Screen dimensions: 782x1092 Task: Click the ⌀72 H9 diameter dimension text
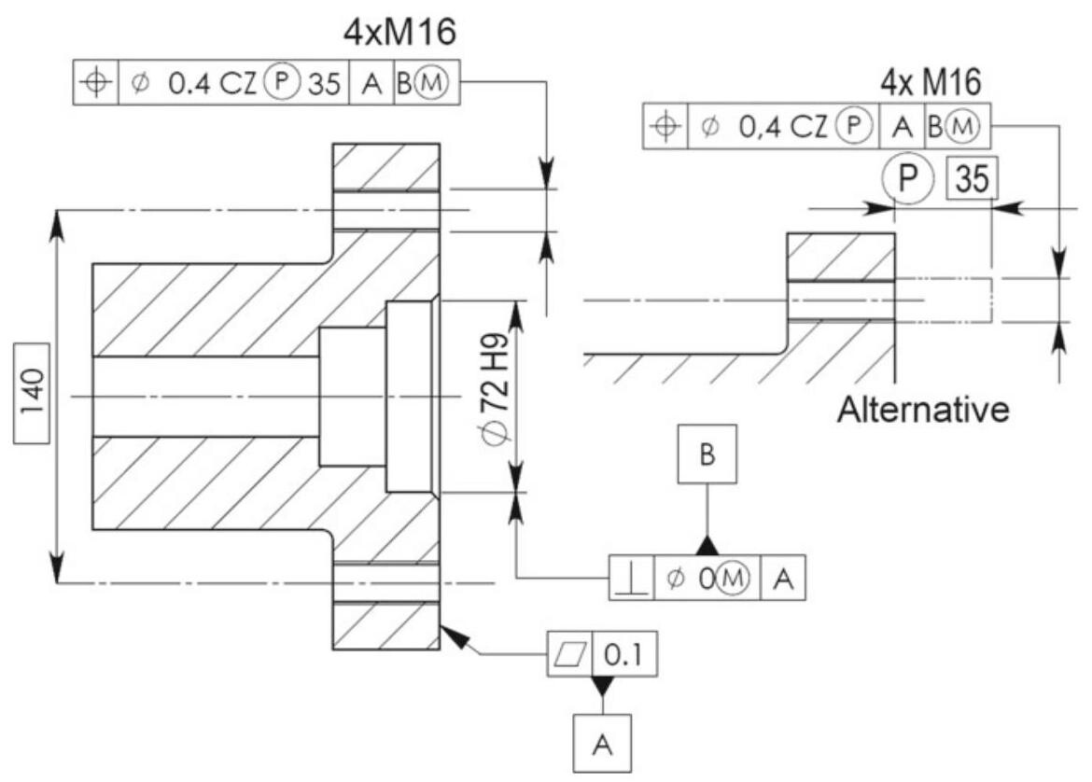click(x=494, y=396)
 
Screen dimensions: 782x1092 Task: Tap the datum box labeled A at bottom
click(x=601, y=744)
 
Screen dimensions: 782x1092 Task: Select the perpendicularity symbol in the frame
click(x=631, y=580)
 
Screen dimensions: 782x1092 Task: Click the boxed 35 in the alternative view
click(x=972, y=176)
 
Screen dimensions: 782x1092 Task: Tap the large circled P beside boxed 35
click(x=902, y=178)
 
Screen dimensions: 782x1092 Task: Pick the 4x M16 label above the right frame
click(x=931, y=84)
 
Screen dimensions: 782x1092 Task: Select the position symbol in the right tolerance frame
click(x=665, y=126)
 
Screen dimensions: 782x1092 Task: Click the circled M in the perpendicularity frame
click(x=735, y=580)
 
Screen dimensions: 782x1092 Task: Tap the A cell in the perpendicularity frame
click(x=782, y=580)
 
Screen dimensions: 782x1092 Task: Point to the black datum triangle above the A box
click(x=601, y=687)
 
